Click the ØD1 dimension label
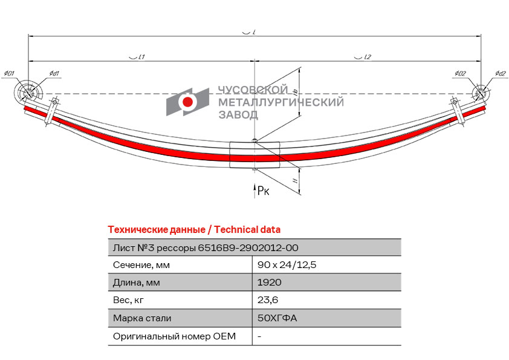tap(9, 74)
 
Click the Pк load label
tap(264, 191)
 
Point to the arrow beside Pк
tap(254, 190)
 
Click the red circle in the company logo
tap(188, 102)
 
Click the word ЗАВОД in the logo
tap(238, 114)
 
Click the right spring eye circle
tap(479, 94)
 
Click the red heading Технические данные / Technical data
tap(194, 229)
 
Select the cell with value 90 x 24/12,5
tap(287, 265)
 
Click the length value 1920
tap(270, 283)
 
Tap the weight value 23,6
tap(268, 300)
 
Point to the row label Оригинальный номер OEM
tap(174, 336)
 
